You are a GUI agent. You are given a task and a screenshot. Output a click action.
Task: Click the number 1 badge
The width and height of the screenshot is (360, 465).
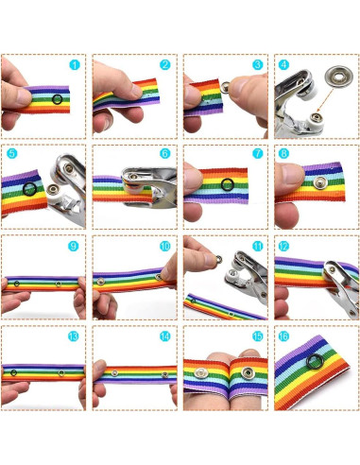pyautogui.click(x=75, y=65)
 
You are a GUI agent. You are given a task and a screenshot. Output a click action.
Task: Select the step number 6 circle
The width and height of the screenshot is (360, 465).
pyautogui.click(x=165, y=152)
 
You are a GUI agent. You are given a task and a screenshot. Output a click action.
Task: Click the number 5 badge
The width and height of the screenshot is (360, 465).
pyautogui.click(x=12, y=152)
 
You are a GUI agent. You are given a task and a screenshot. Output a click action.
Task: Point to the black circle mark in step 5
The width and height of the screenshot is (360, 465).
pyautogui.click(x=30, y=189)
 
